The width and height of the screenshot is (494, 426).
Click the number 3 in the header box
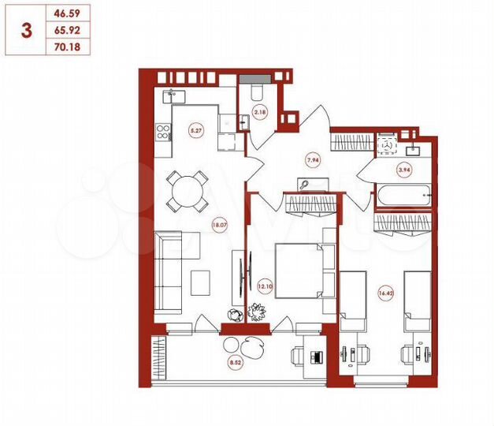tap(28, 31)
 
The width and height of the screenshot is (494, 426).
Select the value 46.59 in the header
tap(66, 13)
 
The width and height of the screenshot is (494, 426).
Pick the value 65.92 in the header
tap(66, 31)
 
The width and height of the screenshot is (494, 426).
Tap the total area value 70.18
tap(66, 47)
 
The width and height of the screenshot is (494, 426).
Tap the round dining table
tap(187, 190)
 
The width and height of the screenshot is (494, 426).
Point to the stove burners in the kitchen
tap(163, 133)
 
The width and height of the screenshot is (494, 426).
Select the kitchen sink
tap(172, 97)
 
